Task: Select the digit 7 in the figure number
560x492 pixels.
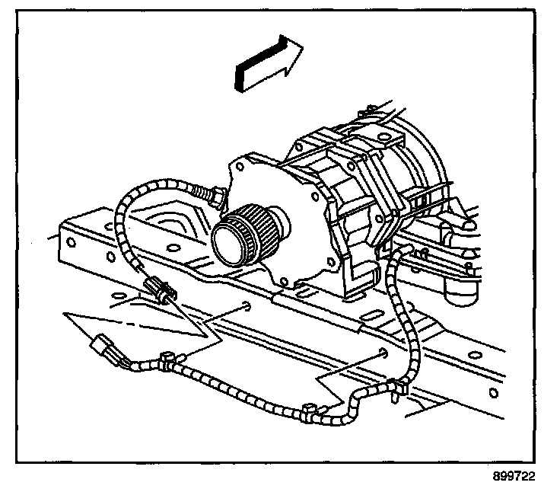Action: [517, 477]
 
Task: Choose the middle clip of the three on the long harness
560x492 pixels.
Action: [308, 412]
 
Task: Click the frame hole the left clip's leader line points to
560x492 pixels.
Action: [249, 308]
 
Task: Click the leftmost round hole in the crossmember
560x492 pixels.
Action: [70, 243]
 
